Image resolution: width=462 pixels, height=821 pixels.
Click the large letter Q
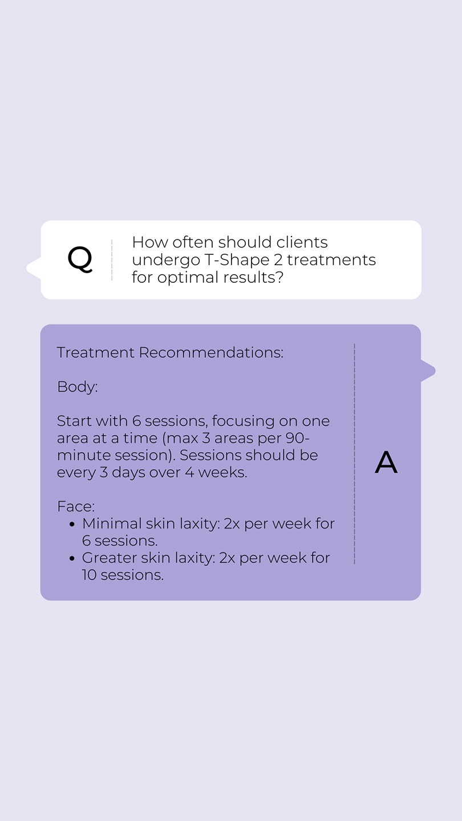pos(80,259)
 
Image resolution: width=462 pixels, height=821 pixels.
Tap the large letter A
pos(386,462)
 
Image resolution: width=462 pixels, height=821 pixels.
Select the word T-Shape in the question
pos(237,260)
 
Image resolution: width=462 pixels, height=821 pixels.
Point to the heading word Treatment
pos(96,352)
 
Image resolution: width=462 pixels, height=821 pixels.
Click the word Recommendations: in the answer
pos(211,352)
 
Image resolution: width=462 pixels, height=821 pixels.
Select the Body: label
pos(78,387)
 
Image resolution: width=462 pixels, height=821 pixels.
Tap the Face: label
pos(76,506)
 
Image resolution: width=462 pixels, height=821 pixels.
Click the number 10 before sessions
pos(89,575)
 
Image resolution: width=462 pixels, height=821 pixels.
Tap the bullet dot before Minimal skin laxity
pos(72,525)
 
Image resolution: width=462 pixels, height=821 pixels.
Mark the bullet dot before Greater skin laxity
pos(72,559)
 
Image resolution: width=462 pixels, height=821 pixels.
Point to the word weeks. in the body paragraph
pos(223,473)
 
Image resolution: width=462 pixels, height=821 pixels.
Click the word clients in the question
pos(302,242)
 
